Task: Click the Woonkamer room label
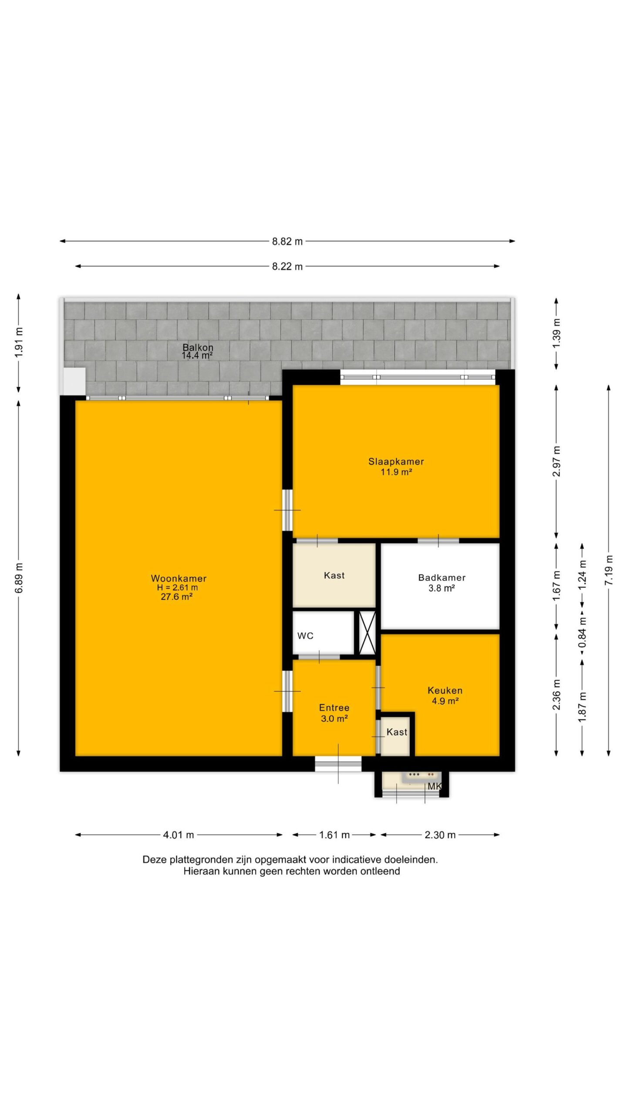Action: pos(179,578)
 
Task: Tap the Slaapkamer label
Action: pos(396,462)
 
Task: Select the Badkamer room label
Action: pos(442,577)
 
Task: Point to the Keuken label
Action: pos(445,690)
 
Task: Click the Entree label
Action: pos(334,708)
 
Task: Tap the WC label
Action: pos(305,636)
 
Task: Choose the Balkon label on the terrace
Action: pos(198,347)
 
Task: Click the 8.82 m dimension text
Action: pos(287,241)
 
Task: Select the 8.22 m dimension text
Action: pos(287,266)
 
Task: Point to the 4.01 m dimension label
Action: pos(179,835)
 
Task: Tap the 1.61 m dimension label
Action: pos(334,835)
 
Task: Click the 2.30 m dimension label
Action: pos(440,835)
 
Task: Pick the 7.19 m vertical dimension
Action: pos(609,570)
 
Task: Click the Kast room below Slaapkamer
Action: pos(334,575)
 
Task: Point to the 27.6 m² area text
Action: pos(177,597)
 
